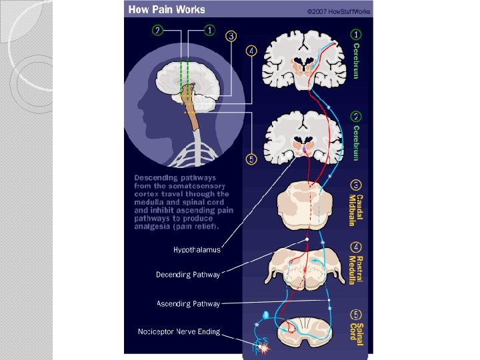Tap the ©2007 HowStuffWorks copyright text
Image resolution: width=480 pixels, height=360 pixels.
point(339,11)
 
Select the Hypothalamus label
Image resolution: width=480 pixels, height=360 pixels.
point(197,251)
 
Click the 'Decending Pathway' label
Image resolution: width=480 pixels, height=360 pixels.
point(187,274)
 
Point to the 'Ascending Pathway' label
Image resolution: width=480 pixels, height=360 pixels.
point(188,303)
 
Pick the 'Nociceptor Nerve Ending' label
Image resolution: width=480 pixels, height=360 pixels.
point(179,331)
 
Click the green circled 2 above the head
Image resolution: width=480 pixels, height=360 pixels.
point(157,30)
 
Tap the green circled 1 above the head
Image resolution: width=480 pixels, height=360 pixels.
point(209,30)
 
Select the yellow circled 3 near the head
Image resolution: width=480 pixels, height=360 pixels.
point(231,36)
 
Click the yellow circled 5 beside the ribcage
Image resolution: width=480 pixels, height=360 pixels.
point(251,159)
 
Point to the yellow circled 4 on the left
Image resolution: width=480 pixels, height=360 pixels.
point(251,51)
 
